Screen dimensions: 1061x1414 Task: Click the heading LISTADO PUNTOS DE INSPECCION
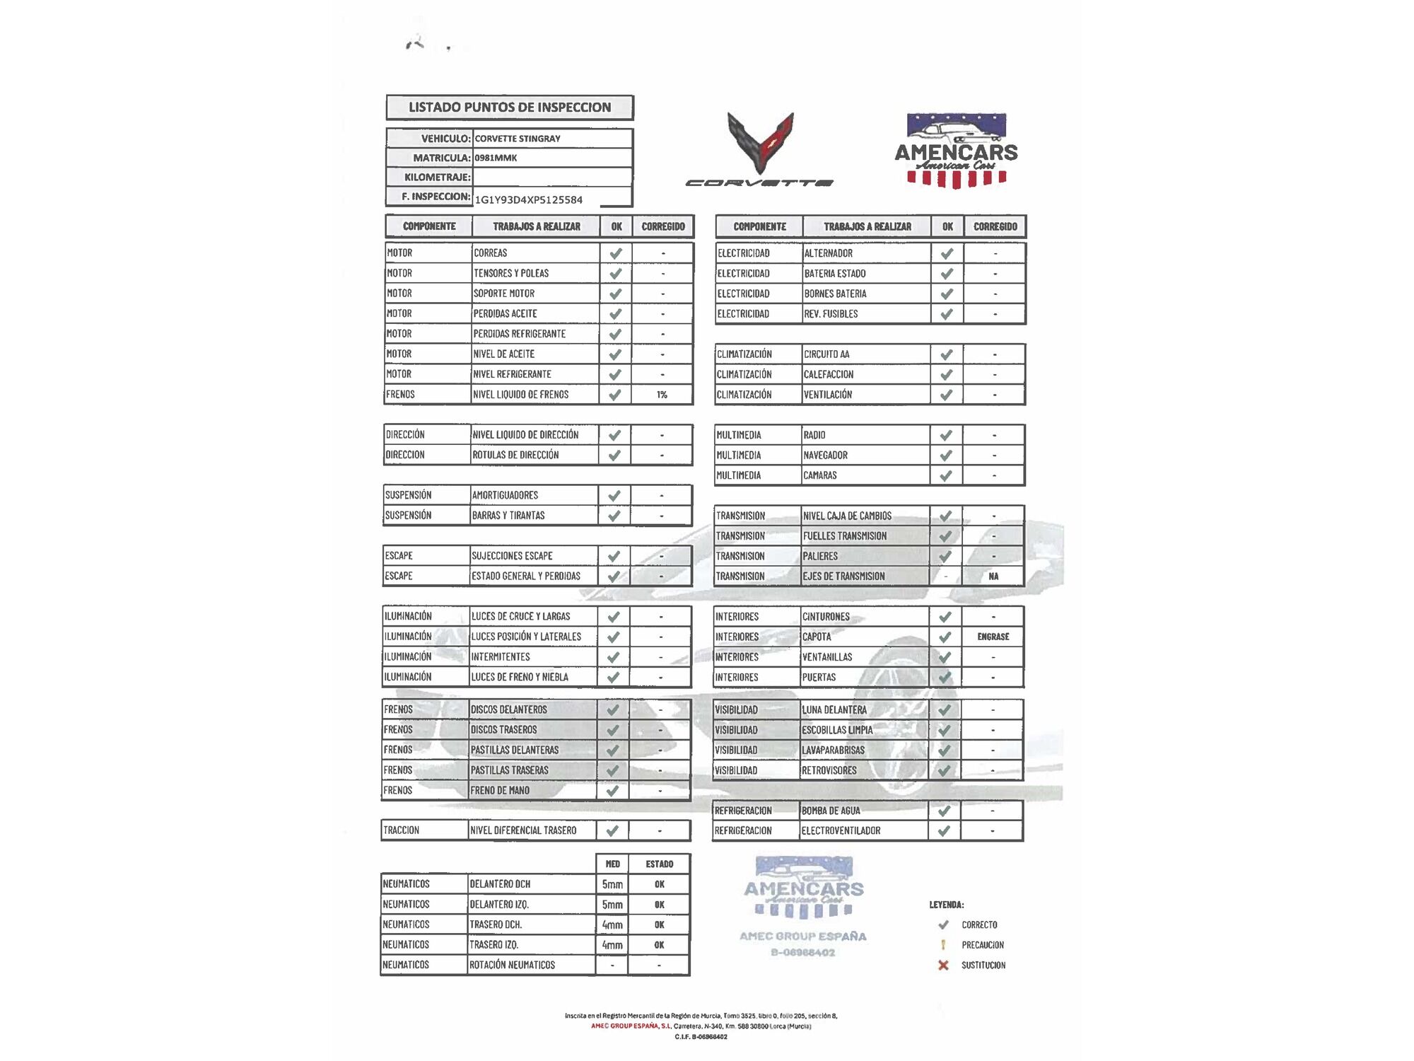point(509,108)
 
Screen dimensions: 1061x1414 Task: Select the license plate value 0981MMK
point(496,158)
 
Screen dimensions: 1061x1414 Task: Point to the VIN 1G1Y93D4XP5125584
point(529,199)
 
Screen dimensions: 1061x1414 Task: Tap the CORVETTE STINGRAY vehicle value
point(518,139)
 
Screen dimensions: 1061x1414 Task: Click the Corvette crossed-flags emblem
point(761,141)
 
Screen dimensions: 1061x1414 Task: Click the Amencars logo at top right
point(956,151)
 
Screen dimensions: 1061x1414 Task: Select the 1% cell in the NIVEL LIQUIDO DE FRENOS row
point(662,395)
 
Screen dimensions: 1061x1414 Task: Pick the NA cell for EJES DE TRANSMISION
point(993,576)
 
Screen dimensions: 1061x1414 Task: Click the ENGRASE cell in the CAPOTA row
point(993,637)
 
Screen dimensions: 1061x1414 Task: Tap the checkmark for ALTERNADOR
point(947,253)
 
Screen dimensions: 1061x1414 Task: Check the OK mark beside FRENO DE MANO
point(612,791)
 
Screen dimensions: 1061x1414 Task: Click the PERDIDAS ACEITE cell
point(506,313)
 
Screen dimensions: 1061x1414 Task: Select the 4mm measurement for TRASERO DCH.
point(612,925)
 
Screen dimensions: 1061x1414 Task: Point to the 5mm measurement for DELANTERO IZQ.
point(612,905)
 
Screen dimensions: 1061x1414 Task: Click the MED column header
point(613,864)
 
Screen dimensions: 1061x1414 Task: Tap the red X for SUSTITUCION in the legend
point(943,966)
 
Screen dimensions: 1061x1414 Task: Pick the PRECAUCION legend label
point(983,945)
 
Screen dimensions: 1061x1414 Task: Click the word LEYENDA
point(947,905)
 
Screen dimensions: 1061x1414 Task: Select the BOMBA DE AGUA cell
point(831,811)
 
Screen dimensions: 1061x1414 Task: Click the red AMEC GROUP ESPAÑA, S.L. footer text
point(631,1026)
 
